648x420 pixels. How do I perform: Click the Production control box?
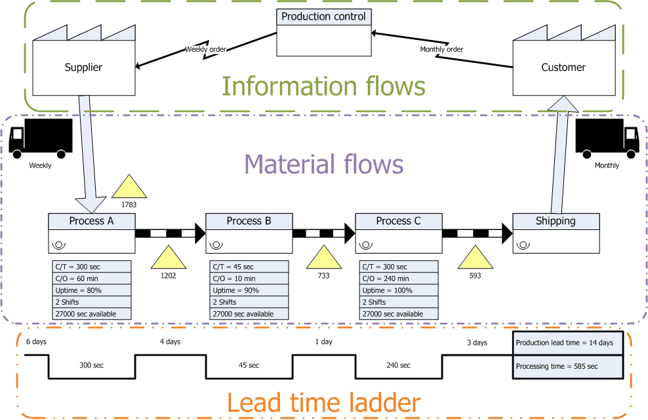(x=324, y=31)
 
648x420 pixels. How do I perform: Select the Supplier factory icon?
(x=83, y=62)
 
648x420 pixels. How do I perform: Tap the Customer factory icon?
(x=563, y=62)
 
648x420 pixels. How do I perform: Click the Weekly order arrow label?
(x=205, y=49)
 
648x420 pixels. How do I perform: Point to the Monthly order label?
(x=441, y=49)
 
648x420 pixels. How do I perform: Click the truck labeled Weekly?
(x=41, y=139)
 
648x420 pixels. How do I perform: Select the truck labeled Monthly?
(x=607, y=139)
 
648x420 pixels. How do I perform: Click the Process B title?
(x=249, y=221)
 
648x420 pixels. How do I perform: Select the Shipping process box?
(x=556, y=233)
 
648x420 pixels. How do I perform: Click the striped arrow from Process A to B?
(x=170, y=233)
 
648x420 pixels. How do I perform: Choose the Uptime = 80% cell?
(x=91, y=290)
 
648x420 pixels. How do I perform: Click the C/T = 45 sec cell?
(x=249, y=267)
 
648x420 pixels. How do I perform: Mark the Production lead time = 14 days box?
(x=567, y=343)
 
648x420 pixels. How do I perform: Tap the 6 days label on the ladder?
(x=36, y=342)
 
